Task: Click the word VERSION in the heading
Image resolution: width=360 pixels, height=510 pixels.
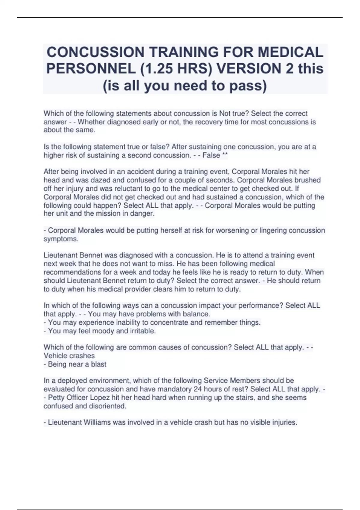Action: (x=248, y=69)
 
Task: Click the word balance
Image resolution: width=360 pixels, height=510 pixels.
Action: (x=198, y=314)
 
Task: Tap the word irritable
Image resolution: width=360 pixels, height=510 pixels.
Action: (x=142, y=331)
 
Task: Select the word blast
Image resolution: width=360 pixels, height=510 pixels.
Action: (x=98, y=364)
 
